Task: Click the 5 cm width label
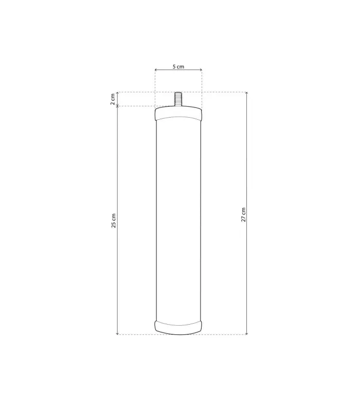coord(178,67)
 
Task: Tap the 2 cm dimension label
coord(113,99)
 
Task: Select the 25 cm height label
coord(113,221)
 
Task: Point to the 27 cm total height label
coord(243,215)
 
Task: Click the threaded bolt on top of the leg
coord(178,99)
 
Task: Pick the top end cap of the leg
coord(178,114)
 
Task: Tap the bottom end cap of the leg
coord(178,327)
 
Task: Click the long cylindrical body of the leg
coord(178,220)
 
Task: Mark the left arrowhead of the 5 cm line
coord(156,70)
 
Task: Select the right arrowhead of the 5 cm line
coord(201,70)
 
